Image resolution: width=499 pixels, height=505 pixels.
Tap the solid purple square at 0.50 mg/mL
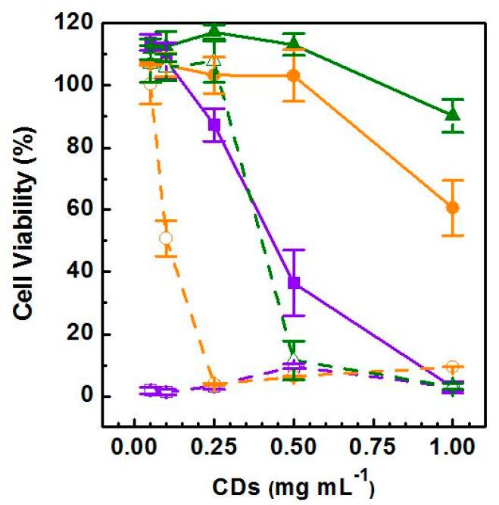[x=294, y=283]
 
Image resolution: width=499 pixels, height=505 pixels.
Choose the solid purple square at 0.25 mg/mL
[x=214, y=124]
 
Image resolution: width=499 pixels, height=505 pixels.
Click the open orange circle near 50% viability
[x=167, y=238]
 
